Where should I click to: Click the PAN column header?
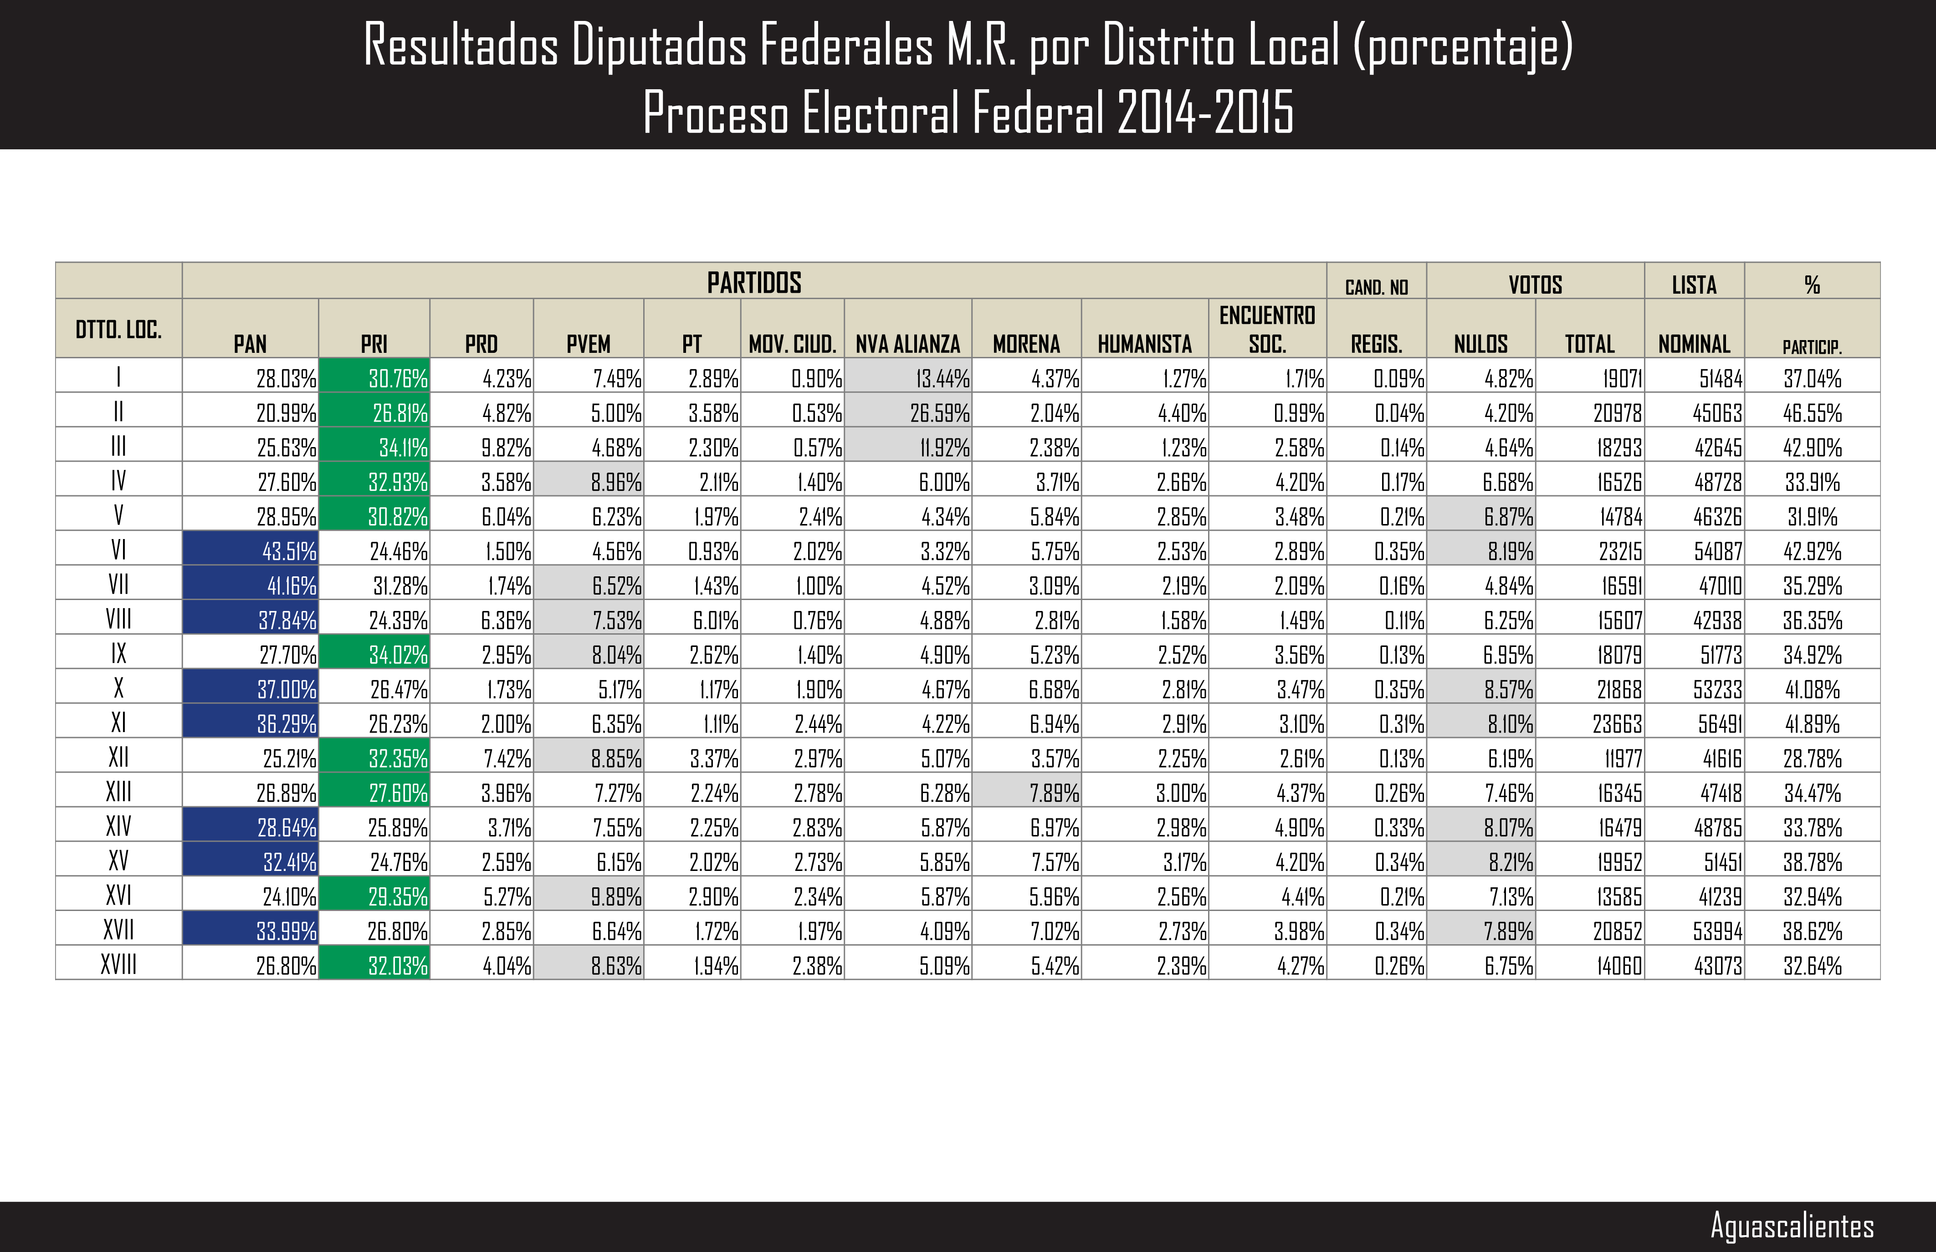(x=250, y=344)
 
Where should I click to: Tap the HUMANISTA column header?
(x=1144, y=344)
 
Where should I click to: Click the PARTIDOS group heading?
(x=754, y=282)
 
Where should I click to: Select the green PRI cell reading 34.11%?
(x=374, y=447)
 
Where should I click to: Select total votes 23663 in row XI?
(x=1590, y=723)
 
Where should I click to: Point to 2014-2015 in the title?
(x=1205, y=112)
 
